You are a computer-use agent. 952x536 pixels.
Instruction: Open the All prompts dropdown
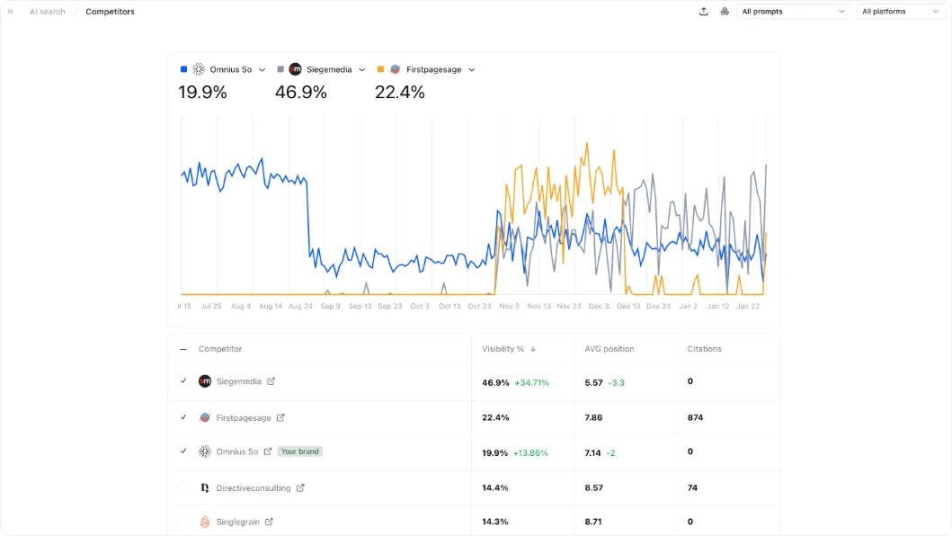coord(793,12)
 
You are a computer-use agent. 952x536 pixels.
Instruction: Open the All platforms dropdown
coord(900,12)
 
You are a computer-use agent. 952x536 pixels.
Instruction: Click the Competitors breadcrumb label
coord(110,12)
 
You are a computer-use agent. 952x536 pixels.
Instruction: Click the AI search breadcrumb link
coord(47,12)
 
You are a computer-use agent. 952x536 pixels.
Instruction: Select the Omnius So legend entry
coord(230,69)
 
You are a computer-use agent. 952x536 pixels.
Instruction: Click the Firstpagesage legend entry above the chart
coord(433,69)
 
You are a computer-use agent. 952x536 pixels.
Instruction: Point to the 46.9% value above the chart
coord(300,92)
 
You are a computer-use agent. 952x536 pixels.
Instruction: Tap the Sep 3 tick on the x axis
coord(330,306)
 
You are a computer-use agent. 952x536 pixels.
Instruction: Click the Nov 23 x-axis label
coord(569,306)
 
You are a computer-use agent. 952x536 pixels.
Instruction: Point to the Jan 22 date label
coord(748,306)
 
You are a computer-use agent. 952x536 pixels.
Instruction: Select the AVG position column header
coord(609,349)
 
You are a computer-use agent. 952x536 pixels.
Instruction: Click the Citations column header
coord(704,349)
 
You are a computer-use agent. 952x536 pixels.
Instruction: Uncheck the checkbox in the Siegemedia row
coord(183,381)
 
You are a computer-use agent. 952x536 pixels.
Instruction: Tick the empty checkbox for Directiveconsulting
coord(183,487)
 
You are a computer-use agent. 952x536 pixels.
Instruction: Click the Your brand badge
coord(299,451)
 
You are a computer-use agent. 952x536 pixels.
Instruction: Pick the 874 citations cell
coord(694,417)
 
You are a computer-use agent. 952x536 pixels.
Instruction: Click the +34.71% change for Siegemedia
coord(531,382)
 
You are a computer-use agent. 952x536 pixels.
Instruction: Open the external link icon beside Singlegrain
coord(269,522)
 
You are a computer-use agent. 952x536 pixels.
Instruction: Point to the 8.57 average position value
coord(593,487)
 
